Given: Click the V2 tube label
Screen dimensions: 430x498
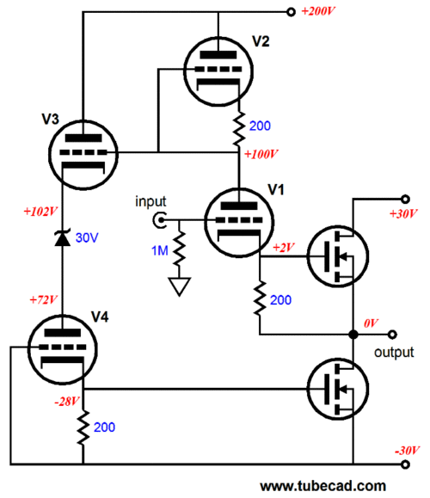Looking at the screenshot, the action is (261, 41).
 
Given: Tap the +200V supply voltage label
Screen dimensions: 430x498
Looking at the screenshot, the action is (318, 11).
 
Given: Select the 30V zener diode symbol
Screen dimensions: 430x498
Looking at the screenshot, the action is (63, 237).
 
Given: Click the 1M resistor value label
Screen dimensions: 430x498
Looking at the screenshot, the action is (160, 251).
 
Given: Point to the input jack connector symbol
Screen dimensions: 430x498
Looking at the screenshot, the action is (159, 220).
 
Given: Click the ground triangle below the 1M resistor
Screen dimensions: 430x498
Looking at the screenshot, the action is (180, 286).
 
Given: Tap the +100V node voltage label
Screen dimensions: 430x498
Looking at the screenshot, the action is (261, 154).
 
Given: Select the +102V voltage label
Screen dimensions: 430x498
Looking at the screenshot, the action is (40, 212).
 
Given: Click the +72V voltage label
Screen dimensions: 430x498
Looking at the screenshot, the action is (43, 299).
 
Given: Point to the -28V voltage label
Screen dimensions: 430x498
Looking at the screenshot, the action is (67, 402).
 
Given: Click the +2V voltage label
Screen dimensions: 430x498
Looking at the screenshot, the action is (283, 248).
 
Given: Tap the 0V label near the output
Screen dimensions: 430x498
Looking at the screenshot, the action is (371, 323).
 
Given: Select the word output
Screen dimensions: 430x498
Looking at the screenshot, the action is (394, 353).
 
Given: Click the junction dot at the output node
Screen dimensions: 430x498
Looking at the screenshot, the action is (353, 335).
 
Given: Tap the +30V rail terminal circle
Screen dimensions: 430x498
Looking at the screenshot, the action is (405, 200).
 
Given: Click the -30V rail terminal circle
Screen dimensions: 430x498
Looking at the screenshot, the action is (405, 464).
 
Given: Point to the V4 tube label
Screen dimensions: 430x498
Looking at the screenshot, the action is (100, 317).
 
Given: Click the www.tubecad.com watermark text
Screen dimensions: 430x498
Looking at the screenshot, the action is (323, 486).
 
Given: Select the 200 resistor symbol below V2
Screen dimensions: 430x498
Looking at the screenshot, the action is (239, 129).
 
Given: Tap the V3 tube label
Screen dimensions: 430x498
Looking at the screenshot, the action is (50, 119).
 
